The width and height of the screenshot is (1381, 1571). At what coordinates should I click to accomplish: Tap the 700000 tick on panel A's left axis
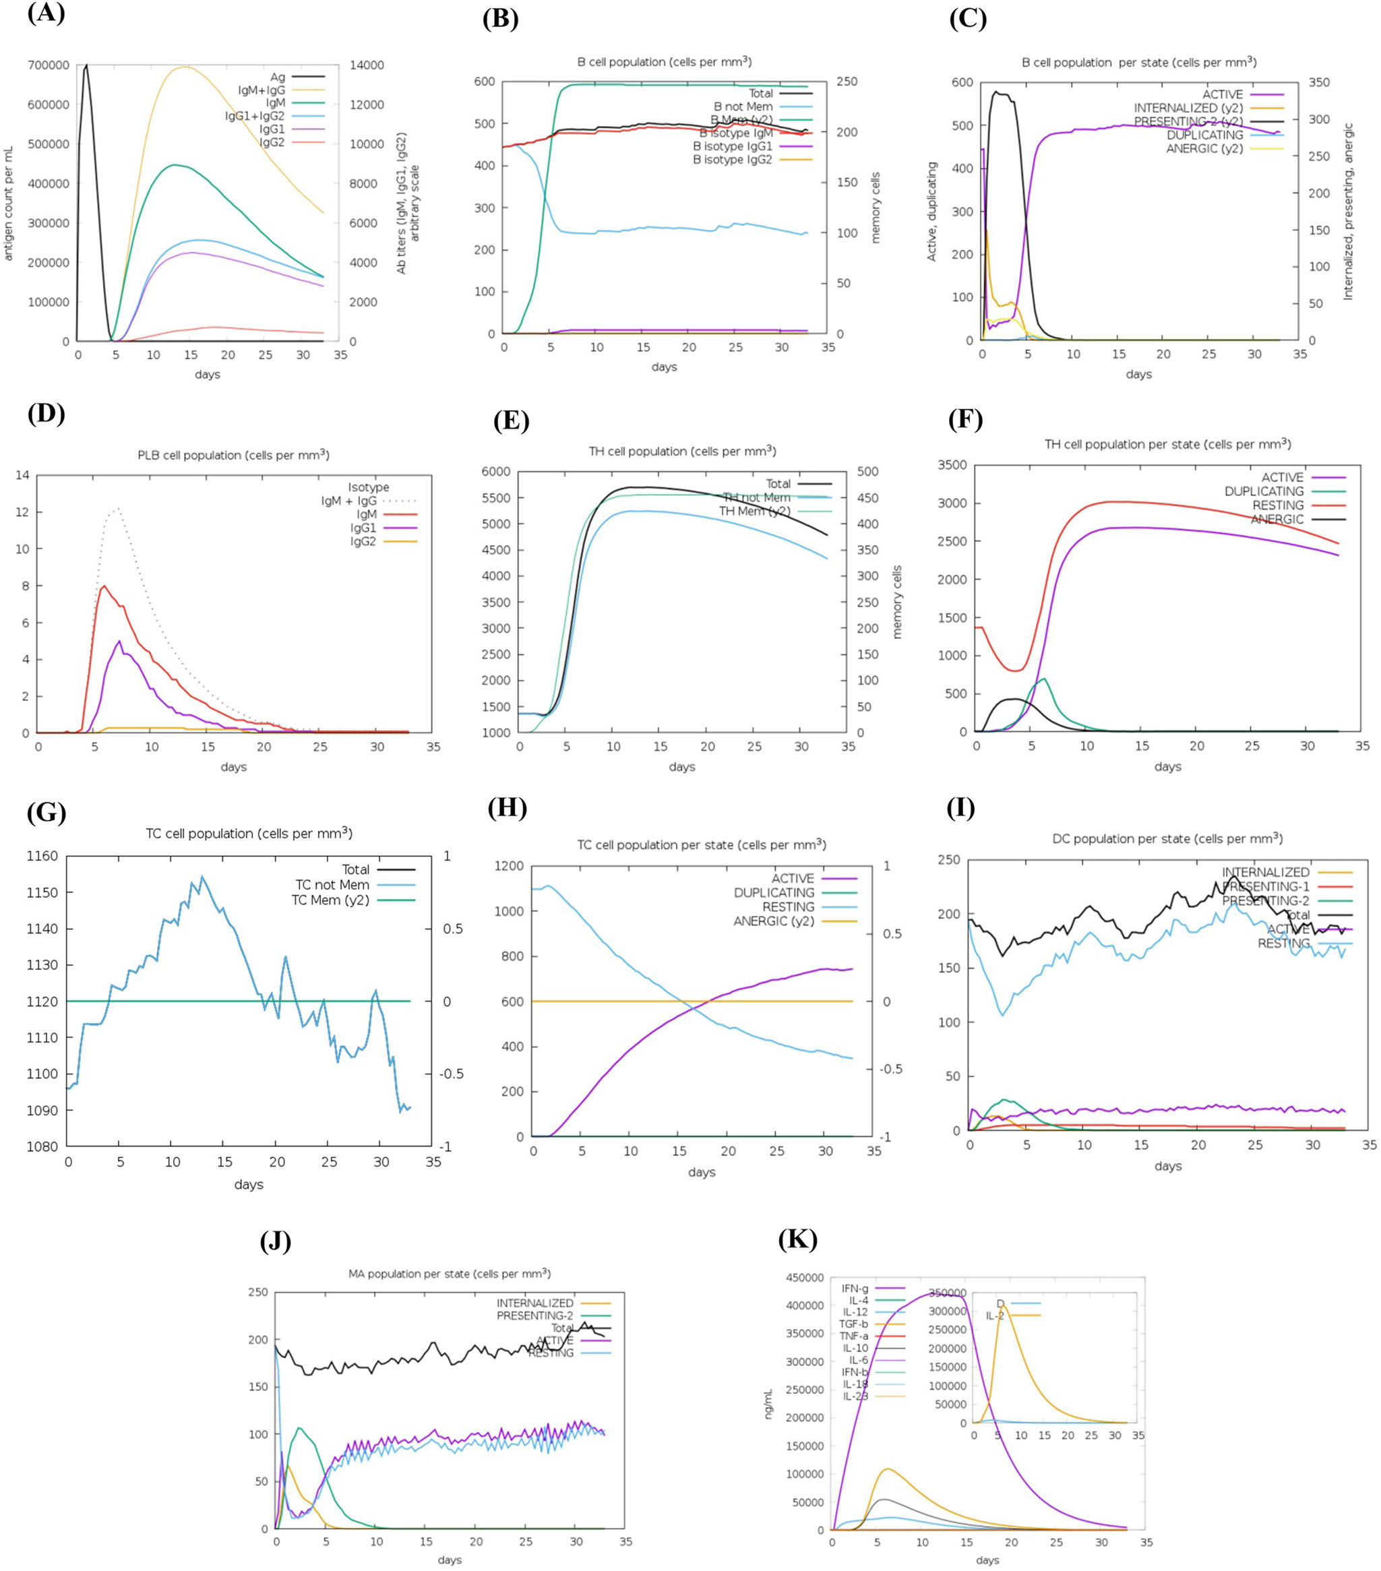click(x=49, y=65)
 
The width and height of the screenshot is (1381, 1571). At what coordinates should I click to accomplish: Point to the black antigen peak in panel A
click(x=86, y=65)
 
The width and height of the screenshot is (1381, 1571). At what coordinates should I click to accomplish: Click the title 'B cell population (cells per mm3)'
click(x=664, y=61)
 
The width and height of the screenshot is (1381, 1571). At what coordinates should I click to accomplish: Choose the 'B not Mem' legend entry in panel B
click(x=742, y=107)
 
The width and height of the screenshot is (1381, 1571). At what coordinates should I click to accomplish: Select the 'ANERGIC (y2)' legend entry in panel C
click(x=1204, y=148)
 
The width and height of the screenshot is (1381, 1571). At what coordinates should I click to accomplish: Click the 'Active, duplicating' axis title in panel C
click(x=931, y=212)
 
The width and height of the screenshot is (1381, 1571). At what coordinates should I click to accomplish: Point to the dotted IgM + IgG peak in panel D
click(x=117, y=508)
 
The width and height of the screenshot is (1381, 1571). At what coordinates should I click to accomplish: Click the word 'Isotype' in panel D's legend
click(x=368, y=487)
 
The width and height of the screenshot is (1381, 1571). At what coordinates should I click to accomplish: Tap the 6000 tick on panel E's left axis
click(x=495, y=471)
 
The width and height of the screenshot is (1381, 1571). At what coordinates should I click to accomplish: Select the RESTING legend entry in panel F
click(x=1277, y=505)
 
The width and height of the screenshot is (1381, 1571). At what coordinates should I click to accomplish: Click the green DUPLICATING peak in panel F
click(x=1043, y=679)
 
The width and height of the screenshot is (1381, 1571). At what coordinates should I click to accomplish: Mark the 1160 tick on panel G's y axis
click(x=42, y=856)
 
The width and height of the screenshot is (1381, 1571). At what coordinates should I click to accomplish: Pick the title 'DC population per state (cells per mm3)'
click(x=1167, y=838)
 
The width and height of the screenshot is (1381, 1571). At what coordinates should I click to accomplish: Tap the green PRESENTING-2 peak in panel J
click(x=299, y=1429)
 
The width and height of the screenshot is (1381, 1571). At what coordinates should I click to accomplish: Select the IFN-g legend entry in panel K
click(x=855, y=1288)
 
